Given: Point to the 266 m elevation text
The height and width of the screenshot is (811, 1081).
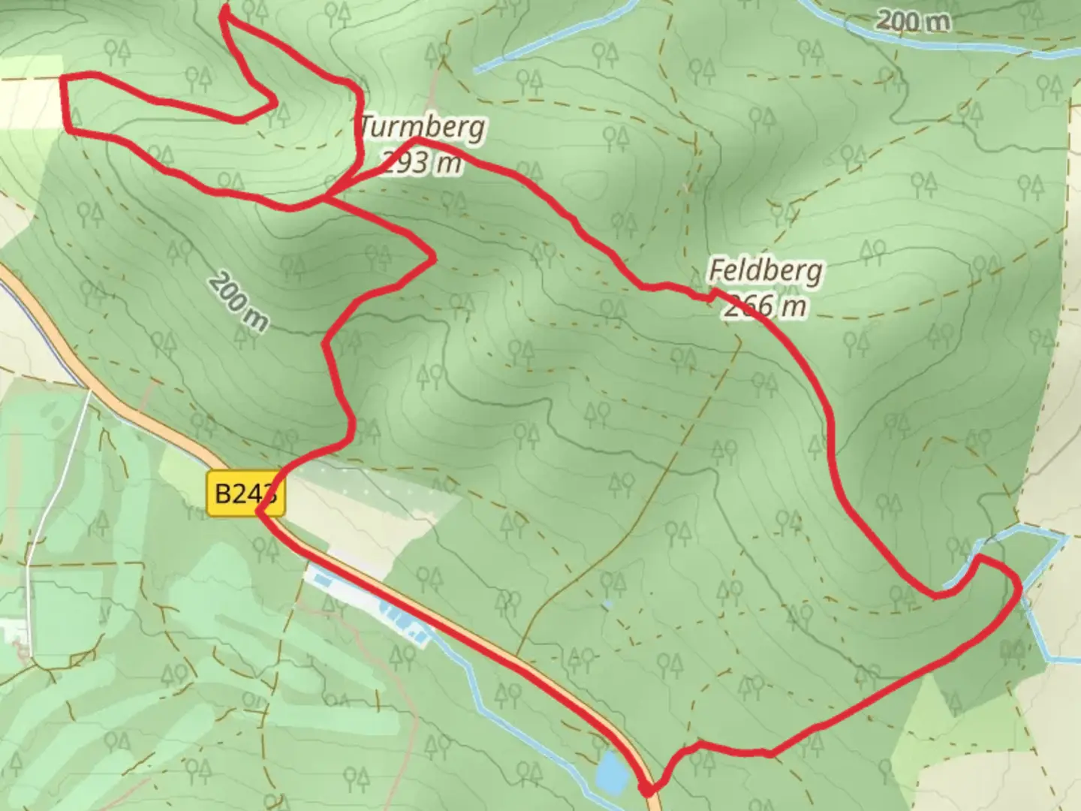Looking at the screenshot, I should (766, 306).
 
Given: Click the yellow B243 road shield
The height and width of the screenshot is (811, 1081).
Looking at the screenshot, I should (245, 494).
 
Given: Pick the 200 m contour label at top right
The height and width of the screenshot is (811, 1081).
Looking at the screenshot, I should (912, 21).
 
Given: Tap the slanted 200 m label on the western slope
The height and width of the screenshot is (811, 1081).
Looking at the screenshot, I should (238, 302).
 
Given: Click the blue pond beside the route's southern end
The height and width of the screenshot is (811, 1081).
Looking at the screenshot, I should (611, 773).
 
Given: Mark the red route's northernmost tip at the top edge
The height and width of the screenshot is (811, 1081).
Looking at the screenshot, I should (225, 11).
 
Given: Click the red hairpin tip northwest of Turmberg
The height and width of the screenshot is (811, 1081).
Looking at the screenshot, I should (275, 103).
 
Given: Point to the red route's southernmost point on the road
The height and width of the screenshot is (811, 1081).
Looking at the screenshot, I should (646, 790).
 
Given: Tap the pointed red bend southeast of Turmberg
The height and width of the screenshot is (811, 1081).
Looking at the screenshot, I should (434, 258).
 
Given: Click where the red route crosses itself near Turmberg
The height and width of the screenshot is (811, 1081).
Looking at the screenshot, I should (327, 197).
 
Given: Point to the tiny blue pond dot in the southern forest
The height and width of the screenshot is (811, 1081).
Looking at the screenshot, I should (606, 603).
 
